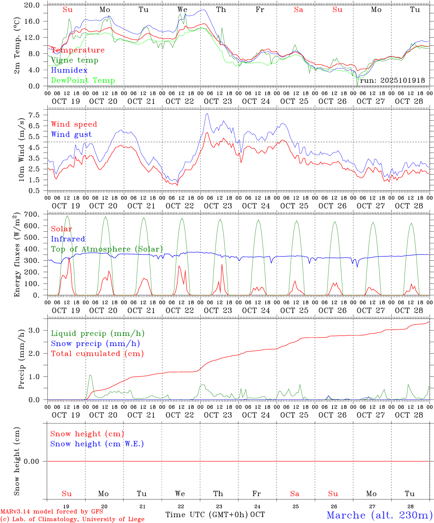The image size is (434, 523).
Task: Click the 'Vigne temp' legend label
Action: tap(75, 60)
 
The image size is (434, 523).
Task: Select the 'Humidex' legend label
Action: tap(69, 70)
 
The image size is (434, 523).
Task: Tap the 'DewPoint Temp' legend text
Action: tap(83, 81)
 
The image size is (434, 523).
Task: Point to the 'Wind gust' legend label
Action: tap(71, 134)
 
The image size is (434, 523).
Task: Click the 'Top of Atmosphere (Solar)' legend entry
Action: tap(107, 249)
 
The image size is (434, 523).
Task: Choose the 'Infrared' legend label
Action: tap(68, 239)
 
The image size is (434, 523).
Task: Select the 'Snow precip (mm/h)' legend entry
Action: tap(95, 344)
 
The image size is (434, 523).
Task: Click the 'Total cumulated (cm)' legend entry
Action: tap(97, 354)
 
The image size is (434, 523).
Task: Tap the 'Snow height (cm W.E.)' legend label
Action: tap(97, 444)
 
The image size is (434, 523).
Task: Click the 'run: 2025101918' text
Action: tap(392, 81)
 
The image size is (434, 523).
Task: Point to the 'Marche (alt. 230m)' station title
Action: tap(379, 515)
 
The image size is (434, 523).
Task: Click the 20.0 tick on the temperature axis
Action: tap(32, 5)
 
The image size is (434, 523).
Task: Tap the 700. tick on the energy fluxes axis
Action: tap(32, 215)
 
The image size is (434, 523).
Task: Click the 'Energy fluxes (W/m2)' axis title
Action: tap(17, 255)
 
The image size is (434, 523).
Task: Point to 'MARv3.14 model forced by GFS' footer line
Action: tap(52, 511)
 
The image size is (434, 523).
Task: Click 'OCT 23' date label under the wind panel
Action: tap(218, 206)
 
